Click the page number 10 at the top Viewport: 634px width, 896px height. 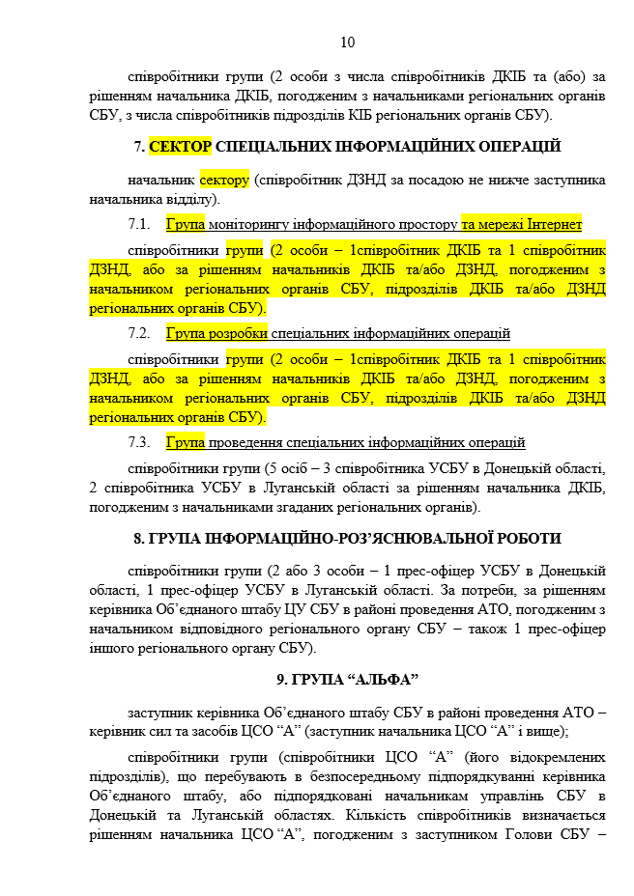pos(348,42)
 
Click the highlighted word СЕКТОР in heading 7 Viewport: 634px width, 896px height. pos(180,147)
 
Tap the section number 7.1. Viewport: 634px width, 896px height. pos(140,225)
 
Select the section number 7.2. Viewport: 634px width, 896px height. pos(140,334)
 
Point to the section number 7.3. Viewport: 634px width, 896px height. pos(140,443)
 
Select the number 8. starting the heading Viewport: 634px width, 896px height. pos(140,538)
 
